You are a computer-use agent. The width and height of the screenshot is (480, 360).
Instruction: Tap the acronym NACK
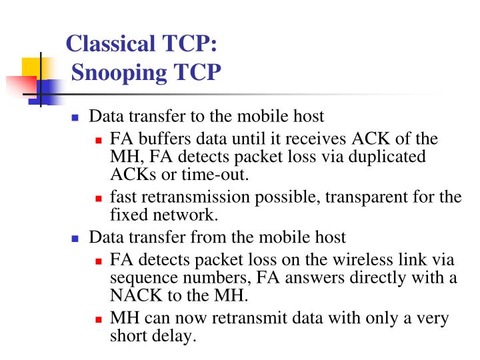pyautogui.click(x=131, y=295)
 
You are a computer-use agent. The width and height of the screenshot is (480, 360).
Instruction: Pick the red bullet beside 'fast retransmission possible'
pyautogui.click(x=99, y=198)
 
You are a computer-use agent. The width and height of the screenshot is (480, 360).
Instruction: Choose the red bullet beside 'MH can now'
pyautogui.click(x=99, y=319)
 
